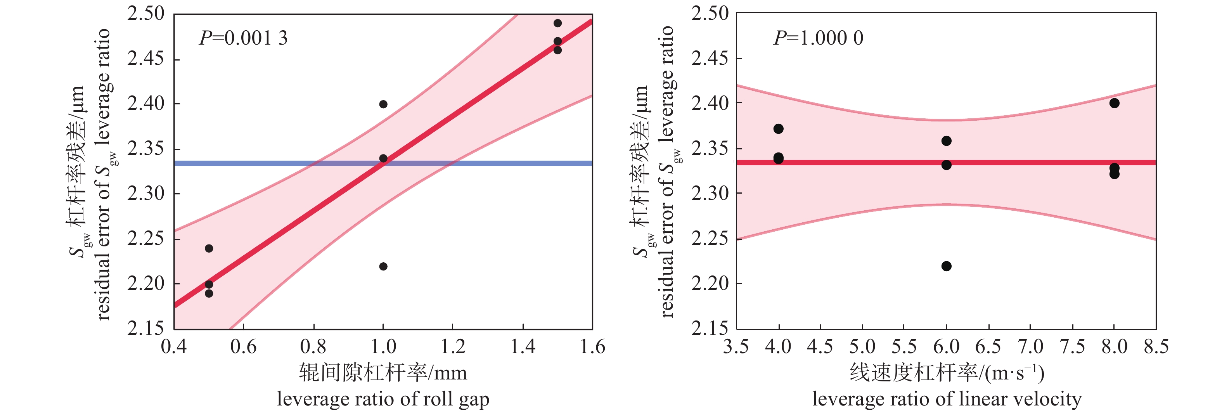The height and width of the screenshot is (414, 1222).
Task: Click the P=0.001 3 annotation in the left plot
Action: click(243, 38)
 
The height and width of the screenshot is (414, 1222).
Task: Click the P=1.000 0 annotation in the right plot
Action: click(818, 38)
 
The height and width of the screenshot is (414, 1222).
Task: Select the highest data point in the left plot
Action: click(557, 23)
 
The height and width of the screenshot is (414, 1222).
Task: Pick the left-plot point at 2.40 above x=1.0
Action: click(383, 104)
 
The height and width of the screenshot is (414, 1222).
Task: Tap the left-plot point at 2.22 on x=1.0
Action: click(383, 267)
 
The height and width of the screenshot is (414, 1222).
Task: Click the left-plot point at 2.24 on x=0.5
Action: click(209, 248)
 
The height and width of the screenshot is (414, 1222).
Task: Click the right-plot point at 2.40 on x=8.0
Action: click(1114, 103)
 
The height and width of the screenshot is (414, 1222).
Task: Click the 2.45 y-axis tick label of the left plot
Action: click(145, 59)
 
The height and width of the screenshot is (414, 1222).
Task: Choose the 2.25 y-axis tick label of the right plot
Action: click(709, 239)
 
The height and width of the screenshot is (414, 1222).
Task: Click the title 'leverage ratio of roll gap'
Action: click(383, 399)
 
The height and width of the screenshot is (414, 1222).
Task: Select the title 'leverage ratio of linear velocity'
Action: click(947, 399)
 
